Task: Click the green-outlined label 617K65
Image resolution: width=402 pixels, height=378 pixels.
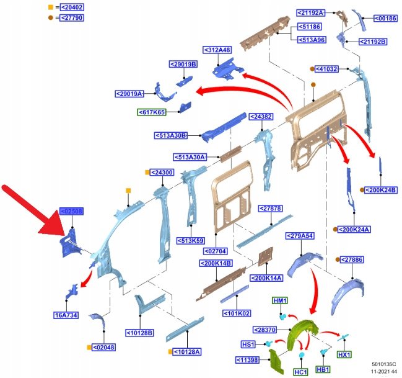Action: click(153, 112)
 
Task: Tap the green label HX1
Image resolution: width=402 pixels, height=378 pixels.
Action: click(344, 354)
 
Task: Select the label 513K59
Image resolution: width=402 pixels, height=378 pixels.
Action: click(191, 240)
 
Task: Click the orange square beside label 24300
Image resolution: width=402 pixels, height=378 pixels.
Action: click(147, 172)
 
